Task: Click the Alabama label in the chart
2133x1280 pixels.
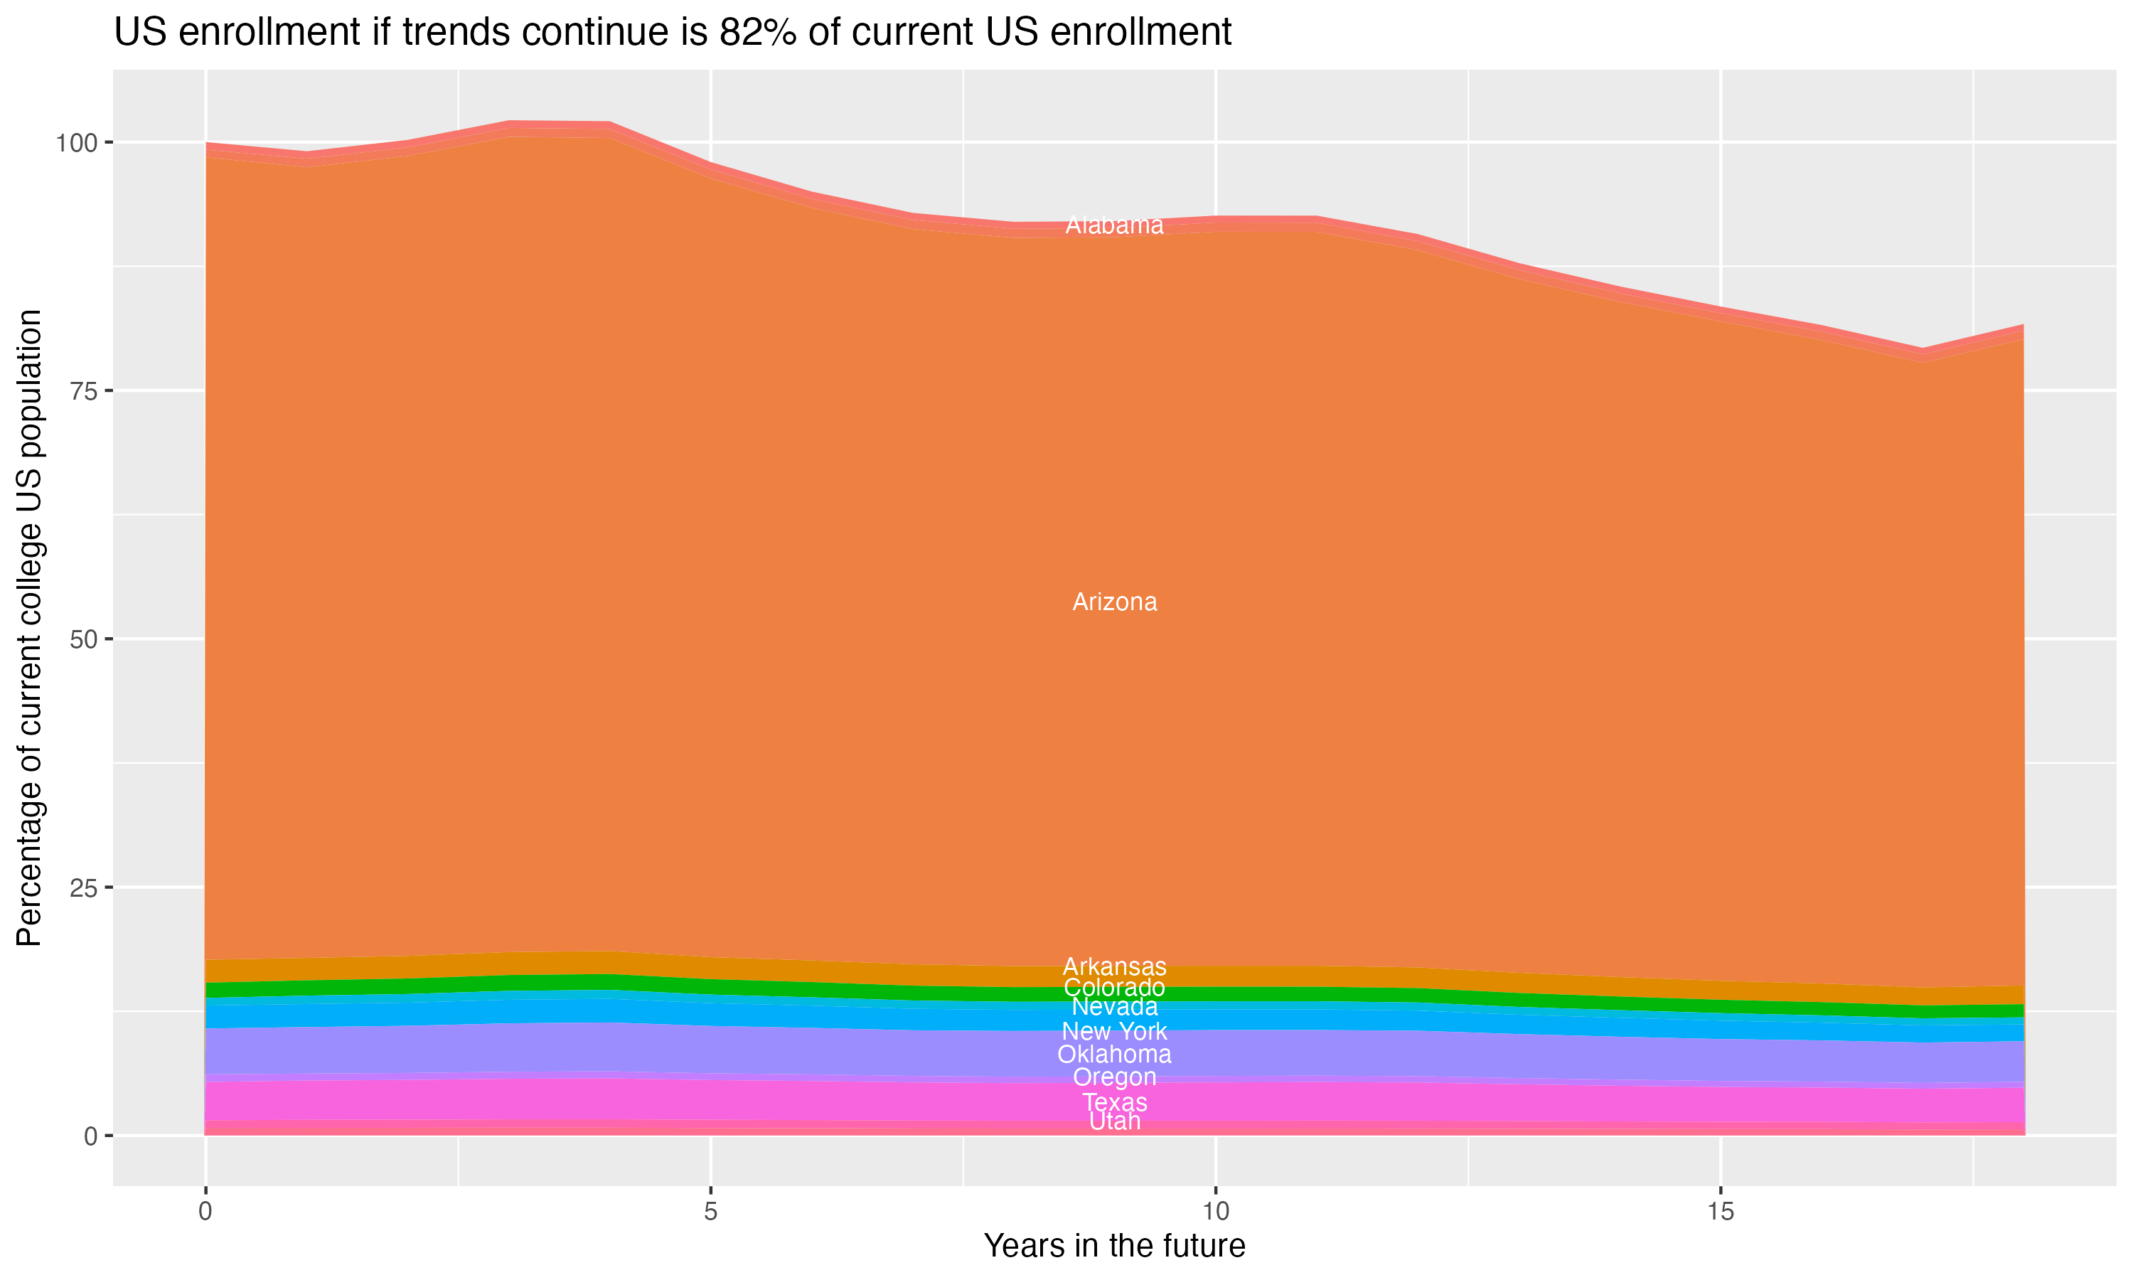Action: click(1114, 225)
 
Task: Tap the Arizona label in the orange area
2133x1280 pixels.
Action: click(1114, 602)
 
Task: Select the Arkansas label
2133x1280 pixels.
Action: click(1114, 966)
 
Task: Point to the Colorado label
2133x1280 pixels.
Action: click(1114, 988)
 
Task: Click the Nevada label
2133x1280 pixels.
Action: click(1114, 1006)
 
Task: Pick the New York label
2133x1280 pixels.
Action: click(1114, 1030)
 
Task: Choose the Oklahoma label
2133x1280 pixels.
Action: click(1114, 1054)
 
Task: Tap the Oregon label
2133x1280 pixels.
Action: click(1114, 1077)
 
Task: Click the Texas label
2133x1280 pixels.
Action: click(1114, 1102)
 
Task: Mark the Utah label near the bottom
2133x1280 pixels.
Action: click(1114, 1121)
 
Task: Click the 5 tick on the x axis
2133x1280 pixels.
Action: click(710, 1212)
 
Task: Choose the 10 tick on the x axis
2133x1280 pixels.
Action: click(1215, 1212)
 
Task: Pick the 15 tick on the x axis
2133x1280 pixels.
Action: click(1720, 1212)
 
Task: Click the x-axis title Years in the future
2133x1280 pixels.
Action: click(1114, 1245)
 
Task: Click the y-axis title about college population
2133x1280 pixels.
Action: click(29, 627)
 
